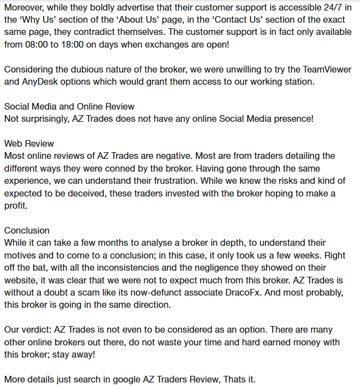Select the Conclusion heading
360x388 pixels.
click(27, 230)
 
